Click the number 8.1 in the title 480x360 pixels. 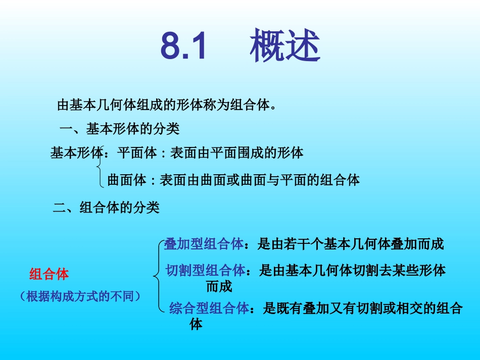point(184,46)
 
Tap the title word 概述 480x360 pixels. point(285,46)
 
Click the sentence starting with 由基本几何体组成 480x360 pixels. point(167,105)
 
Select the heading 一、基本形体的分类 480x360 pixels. point(119,129)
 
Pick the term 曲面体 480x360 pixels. point(127,180)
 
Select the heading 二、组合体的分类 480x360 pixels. point(106,208)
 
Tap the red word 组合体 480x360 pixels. point(49,274)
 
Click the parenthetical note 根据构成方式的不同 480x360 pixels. point(80,296)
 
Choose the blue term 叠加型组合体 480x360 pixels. point(204,244)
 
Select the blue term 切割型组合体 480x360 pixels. point(205,271)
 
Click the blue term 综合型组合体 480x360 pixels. point(209,308)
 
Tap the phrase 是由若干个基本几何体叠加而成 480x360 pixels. point(351,244)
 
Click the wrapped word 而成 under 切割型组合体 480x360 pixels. point(219,287)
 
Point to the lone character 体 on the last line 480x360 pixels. point(197,324)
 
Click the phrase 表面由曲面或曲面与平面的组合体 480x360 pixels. point(260,180)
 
